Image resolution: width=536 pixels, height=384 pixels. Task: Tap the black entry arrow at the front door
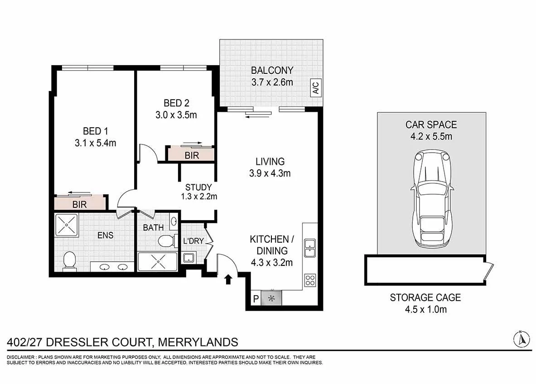(x=228, y=279)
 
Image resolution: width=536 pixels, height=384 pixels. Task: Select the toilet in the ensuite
(x=70, y=261)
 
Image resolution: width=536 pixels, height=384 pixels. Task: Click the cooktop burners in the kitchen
(x=310, y=280)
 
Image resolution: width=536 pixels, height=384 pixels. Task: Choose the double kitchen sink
(x=310, y=248)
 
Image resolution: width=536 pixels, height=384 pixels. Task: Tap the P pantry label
(x=256, y=299)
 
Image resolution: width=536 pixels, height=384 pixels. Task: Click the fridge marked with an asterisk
(x=271, y=298)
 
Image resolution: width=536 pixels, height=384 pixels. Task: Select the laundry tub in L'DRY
(x=188, y=257)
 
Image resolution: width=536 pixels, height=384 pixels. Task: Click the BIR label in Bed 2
(x=192, y=155)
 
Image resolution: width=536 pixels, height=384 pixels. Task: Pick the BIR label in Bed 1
(x=80, y=205)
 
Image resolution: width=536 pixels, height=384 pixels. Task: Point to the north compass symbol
(x=522, y=339)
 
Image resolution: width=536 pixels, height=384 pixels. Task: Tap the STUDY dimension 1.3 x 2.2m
(x=199, y=197)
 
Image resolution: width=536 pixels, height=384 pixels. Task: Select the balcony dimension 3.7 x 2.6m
(x=272, y=82)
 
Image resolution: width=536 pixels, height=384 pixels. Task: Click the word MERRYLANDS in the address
(x=198, y=342)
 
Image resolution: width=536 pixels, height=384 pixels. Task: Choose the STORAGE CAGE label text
(x=425, y=298)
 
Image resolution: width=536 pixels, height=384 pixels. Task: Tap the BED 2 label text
(x=176, y=103)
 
